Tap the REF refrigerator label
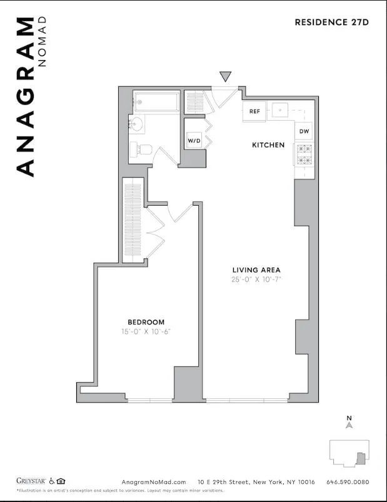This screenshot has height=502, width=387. (x=254, y=111)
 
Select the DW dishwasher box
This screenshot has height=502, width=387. (x=304, y=131)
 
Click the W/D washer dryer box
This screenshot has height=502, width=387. (x=194, y=141)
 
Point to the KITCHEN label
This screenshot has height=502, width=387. (x=268, y=145)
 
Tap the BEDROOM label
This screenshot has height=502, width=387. (x=146, y=322)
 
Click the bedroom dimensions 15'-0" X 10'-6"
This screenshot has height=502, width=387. (x=146, y=331)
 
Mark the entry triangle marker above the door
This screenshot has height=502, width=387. (x=226, y=77)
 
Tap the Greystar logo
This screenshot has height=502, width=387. (x=31, y=481)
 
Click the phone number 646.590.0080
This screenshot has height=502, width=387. (x=344, y=482)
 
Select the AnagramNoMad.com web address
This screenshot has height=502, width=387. (x=154, y=482)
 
